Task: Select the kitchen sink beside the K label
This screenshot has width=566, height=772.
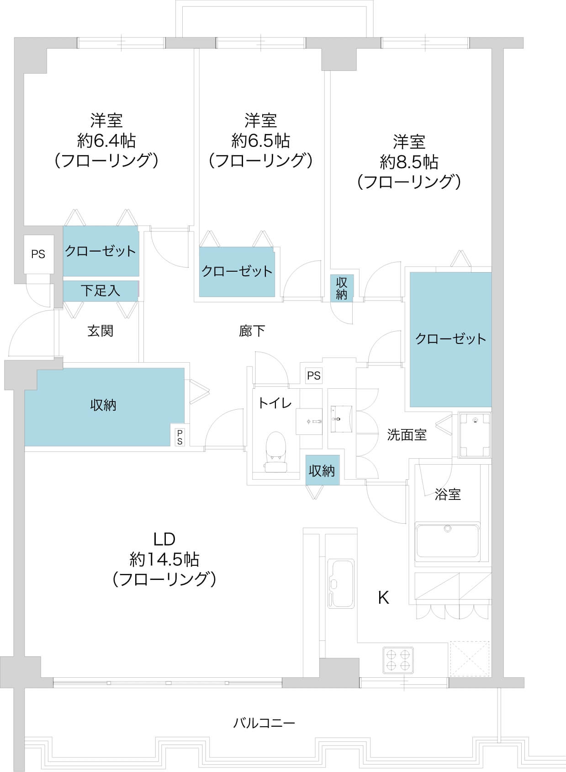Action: click(x=340, y=584)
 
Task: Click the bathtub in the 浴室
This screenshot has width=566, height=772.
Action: click(x=447, y=540)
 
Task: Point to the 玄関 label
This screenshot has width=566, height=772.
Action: click(x=100, y=331)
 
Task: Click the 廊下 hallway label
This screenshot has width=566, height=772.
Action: click(x=252, y=331)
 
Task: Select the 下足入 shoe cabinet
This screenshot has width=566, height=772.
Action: click(x=101, y=290)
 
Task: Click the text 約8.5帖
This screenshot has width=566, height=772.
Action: click(x=409, y=161)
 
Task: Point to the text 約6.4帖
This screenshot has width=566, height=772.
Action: click(x=106, y=140)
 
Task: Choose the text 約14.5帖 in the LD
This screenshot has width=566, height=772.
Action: click(x=164, y=560)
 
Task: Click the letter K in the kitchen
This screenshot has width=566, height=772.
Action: click(x=384, y=598)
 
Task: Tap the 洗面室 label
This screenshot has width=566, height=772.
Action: click(x=407, y=435)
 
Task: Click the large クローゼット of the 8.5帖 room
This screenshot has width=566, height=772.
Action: click(x=450, y=339)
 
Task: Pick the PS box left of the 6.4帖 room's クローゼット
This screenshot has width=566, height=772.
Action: click(x=38, y=254)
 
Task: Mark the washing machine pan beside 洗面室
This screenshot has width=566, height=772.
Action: click(x=475, y=435)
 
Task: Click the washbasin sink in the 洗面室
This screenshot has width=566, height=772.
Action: click(x=341, y=419)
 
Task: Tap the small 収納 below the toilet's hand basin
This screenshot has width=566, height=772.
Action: click(x=323, y=470)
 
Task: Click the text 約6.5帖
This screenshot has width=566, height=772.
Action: click(x=261, y=140)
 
